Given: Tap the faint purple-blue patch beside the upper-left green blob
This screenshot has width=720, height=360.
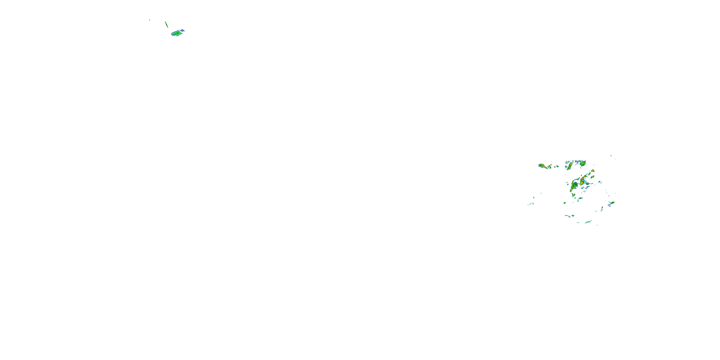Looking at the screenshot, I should [x=182, y=30].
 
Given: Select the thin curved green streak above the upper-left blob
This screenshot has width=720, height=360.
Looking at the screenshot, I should [x=166, y=24].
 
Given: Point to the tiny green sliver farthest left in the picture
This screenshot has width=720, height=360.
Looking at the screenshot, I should [x=150, y=20].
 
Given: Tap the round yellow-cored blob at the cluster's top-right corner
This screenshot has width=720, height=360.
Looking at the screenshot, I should [x=582, y=163].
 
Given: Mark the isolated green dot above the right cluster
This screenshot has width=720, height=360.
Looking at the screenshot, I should [x=611, y=156].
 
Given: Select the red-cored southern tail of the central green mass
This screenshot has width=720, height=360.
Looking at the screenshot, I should [x=571, y=190].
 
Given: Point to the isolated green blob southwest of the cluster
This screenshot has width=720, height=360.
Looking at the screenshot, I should [x=565, y=203].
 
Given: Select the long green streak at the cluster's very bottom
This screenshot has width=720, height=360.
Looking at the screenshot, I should [x=588, y=222].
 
